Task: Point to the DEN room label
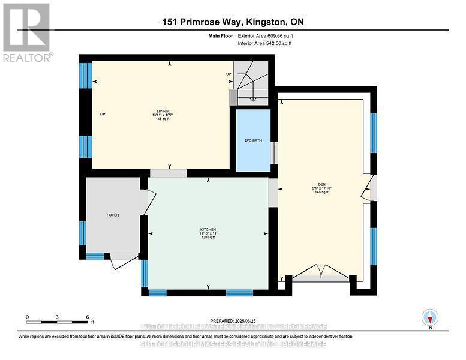322,184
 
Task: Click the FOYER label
113,214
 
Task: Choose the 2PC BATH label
251,140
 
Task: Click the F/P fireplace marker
102,115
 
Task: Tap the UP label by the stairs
229,74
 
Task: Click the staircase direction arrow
252,93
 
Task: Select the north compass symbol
430,317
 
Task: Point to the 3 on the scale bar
57,316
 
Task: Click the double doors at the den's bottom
321,274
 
